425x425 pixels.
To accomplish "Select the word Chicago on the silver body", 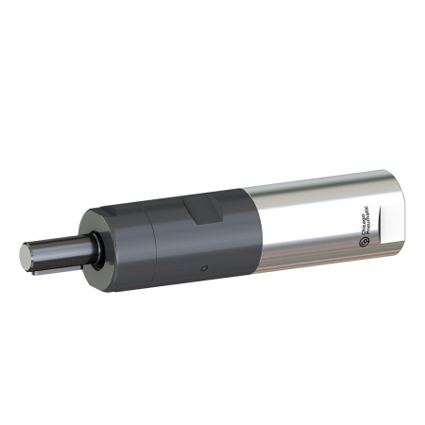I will (x=370, y=228).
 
